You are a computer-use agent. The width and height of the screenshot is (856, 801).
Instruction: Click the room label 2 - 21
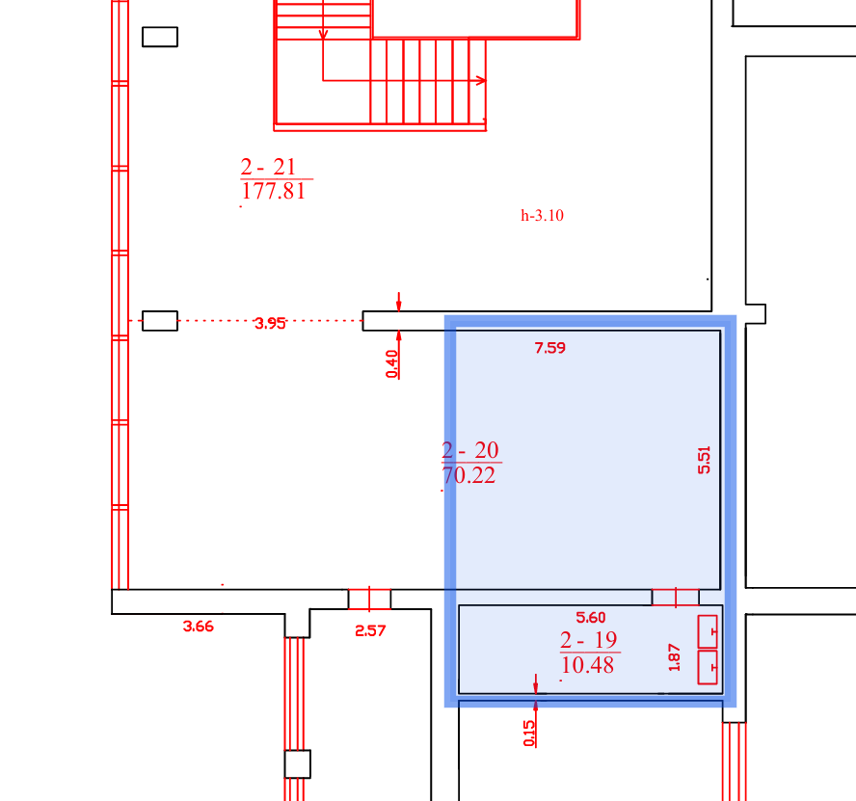(268, 167)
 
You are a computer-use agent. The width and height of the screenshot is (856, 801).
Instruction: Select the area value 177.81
(273, 191)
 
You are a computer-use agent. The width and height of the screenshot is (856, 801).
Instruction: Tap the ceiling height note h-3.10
(542, 215)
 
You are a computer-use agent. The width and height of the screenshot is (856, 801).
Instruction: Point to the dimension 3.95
(270, 323)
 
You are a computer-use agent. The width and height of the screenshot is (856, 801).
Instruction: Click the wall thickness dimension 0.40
(392, 364)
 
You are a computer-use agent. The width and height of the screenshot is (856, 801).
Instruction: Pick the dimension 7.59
(550, 348)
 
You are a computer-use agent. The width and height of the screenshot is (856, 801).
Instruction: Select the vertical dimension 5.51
(705, 460)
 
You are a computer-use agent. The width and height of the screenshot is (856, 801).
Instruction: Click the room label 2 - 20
(470, 450)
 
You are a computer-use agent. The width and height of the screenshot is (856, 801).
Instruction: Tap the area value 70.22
(468, 475)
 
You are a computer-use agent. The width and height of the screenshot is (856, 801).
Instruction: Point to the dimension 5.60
(591, 618)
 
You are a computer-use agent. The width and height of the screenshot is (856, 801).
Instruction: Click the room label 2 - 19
(588, 640)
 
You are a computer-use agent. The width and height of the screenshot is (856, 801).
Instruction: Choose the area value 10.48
(587, 665)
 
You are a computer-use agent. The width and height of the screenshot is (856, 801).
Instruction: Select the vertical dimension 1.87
(674, 657)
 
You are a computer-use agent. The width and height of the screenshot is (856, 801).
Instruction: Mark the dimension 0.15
(529, 734)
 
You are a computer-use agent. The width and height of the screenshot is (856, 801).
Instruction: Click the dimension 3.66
(199, 627)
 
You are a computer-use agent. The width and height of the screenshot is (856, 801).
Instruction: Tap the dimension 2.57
(370, 631)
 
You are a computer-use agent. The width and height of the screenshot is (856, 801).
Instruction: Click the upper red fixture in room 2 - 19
(708, 631)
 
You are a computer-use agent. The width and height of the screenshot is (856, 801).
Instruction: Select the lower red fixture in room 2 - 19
(708, 667)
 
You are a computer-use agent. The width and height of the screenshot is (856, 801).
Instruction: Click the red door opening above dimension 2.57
(369, 599)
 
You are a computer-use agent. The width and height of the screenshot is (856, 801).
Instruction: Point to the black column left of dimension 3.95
(160, 321)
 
